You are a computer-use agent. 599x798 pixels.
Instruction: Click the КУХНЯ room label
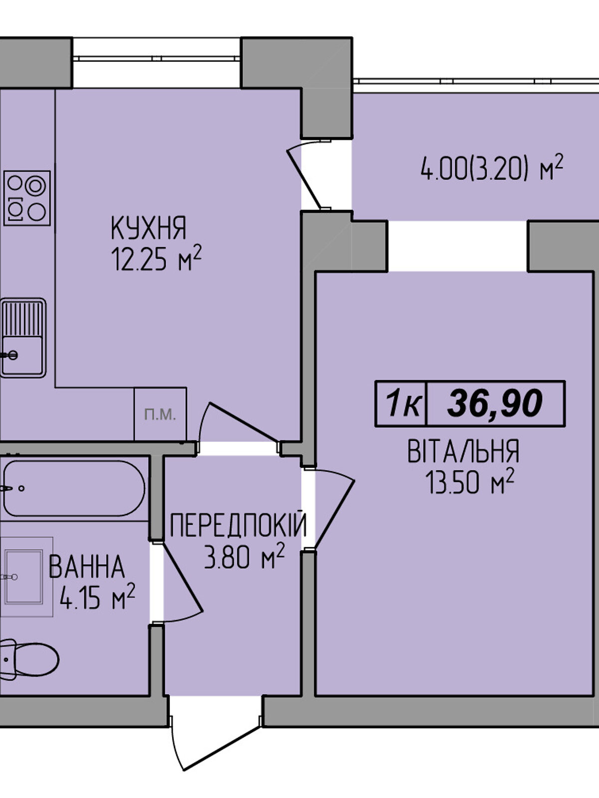[x=148, y=228]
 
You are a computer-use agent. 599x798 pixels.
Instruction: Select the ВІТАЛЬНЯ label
[x=464, y=451]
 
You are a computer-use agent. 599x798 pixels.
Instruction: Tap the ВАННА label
[x=86, y=567]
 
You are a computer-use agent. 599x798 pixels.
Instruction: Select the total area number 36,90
[x=495, y=403]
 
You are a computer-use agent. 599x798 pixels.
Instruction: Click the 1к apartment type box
[x=401, y=403]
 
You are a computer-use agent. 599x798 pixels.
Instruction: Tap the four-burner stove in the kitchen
[x=27, y=198]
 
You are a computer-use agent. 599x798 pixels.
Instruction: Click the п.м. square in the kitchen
[x=160, y=414]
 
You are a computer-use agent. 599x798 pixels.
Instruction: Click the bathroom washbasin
[x=24, y=577]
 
